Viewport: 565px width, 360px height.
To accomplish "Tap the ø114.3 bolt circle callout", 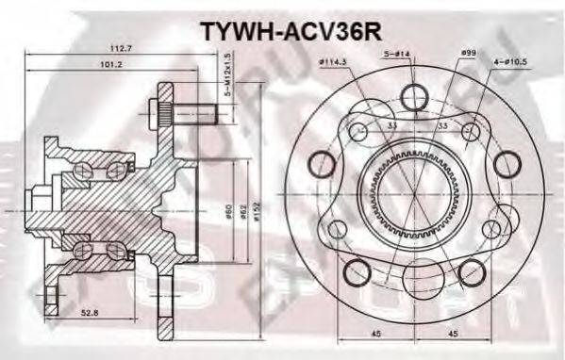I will click(335, 61).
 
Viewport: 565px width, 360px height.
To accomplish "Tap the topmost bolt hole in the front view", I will click(415, 96).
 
